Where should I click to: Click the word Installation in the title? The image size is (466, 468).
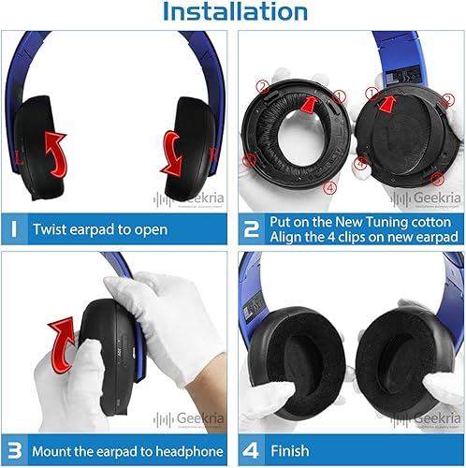coord(233,13)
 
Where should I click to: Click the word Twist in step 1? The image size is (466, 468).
coord(51,229)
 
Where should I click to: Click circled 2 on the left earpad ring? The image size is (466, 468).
coord(263,87)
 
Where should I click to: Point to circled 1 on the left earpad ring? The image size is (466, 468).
coord(339,96)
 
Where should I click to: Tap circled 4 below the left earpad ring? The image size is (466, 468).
coord(328,186)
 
